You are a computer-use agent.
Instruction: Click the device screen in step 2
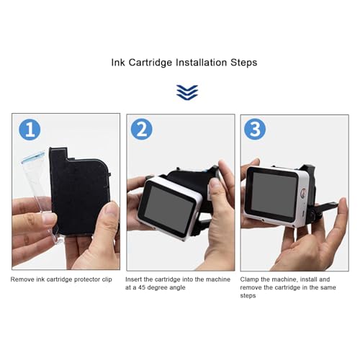pos(167,205)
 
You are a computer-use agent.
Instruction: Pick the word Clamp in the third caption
pos(251,279)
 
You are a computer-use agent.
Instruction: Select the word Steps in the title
pos(243,63)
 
